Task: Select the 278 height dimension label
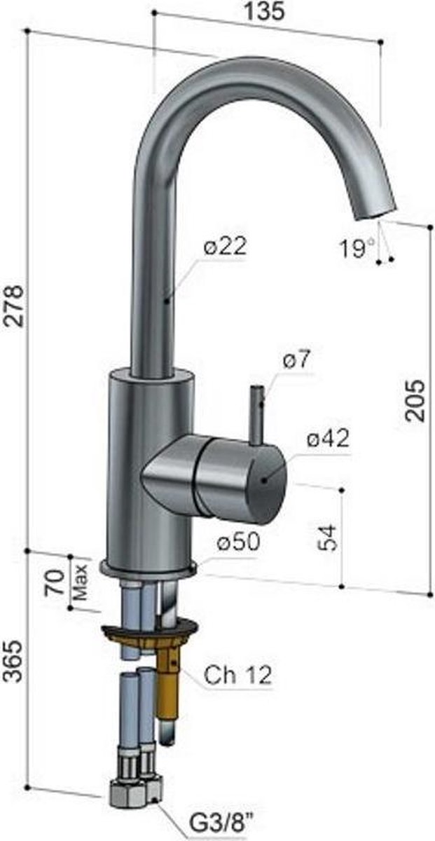click(15, 306)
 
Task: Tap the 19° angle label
click(357, 247)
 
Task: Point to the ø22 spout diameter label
click(226, 247)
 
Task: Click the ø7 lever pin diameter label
click(297, 361)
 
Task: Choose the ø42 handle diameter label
click(327, 439)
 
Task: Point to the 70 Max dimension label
click(62, 582)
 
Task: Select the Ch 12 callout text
click(238, 675)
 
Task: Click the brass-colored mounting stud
click(168, 683)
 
